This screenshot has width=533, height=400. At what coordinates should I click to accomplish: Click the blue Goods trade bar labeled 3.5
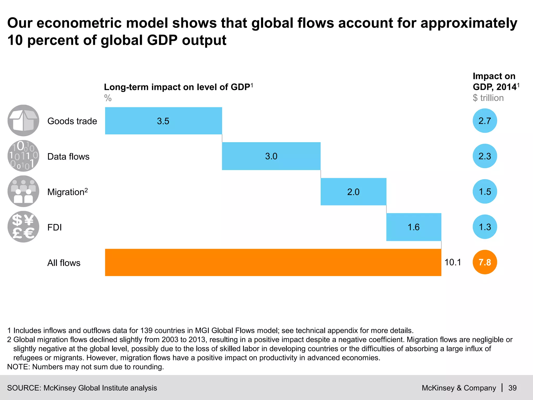[163, 121]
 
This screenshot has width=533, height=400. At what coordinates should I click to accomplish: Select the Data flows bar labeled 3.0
[271, 156]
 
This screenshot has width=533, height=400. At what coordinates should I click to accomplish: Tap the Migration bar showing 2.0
[353, 192]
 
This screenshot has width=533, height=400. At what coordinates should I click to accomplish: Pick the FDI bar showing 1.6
[414, 227]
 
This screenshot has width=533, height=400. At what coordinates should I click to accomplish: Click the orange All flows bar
[273, 262]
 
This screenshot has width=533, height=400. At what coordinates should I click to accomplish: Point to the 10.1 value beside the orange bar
[453, 262]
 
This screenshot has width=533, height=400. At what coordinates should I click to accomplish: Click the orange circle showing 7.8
[485, 262]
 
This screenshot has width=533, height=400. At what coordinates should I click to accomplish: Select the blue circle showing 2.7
[485, 121]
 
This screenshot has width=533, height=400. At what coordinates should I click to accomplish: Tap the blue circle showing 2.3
[485, 156]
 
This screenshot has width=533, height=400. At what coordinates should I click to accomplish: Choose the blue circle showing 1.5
[485, 192]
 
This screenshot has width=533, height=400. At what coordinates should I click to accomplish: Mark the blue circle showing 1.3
[485, 227]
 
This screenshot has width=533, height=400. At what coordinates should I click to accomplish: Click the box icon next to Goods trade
[23, 121]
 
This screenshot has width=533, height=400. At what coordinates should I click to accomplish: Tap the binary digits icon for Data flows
[23, 156]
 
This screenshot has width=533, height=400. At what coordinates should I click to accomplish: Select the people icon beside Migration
[23, 191]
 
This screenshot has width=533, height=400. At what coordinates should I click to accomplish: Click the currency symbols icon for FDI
[23, 227]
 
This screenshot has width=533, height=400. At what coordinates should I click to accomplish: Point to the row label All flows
[64, 263]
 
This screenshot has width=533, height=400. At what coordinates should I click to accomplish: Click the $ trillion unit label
[488, 98]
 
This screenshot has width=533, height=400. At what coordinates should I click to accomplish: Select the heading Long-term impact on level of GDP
[177, 87]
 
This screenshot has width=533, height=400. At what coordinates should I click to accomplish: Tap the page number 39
[512, 388]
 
